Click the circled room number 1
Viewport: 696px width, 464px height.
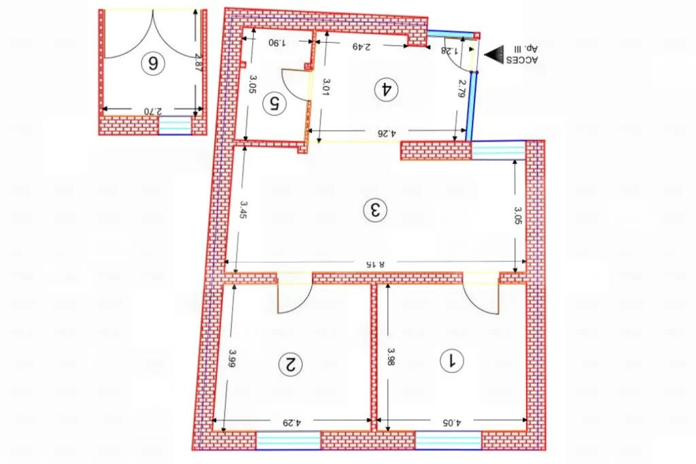[451, 361]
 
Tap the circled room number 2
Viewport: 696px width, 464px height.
[290, 365]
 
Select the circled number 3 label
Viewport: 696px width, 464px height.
[375, 210]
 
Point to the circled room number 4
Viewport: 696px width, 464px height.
[386, 89]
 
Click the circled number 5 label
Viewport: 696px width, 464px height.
[275, 103]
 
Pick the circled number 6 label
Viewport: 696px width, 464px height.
[153, 63]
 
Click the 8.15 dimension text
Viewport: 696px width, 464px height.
[375, 264]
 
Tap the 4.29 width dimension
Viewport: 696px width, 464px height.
[291, 422]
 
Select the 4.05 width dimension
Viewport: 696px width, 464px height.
[451, 422]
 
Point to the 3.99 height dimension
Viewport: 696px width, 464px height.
[232, 359]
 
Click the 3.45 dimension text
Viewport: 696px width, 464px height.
[243, 210]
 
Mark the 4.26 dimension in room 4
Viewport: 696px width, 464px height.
[386, 133]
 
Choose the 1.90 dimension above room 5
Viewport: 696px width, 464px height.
[277, 43]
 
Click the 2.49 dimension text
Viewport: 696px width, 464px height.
[362, 46]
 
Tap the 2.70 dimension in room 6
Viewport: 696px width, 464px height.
[154, 111]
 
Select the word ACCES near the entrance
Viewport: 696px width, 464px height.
[522, 60]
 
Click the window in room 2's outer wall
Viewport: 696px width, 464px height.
[288, 440]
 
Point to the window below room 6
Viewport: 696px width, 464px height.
[175, 125]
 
